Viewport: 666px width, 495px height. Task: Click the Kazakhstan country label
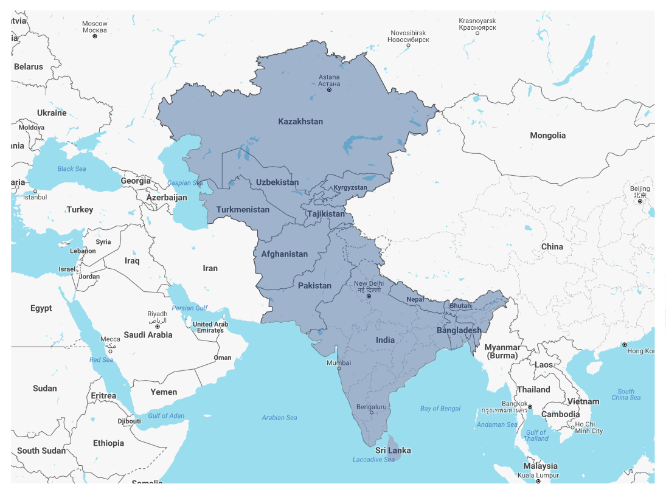pos(300,122)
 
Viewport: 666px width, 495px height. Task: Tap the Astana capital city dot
pos(329,90)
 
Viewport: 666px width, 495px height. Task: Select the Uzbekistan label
pos(277,182)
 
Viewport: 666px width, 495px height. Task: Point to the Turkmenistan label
pos(243,210)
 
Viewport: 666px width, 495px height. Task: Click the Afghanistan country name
pos(285,254)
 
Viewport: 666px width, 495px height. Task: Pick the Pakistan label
pos(314,286)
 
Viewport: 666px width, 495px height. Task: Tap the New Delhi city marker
pos(369,296)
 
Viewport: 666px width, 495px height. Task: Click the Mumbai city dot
pos(339,369)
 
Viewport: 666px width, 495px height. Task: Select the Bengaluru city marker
pos(372,413)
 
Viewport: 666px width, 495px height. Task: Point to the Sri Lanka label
pos(392,451)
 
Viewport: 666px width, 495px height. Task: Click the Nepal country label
pos(415,300)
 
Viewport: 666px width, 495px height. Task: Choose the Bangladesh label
pos(459,331)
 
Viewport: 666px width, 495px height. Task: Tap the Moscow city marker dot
pos(95,36)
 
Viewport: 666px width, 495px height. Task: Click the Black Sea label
pos(72,168)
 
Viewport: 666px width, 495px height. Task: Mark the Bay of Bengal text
pos(440,409)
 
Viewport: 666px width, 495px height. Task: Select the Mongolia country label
pos(547,136)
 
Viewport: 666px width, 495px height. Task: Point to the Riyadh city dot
pos(158,327)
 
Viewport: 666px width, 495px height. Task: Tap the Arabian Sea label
pos(279,418)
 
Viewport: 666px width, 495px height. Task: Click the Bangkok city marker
pos(530,407)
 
